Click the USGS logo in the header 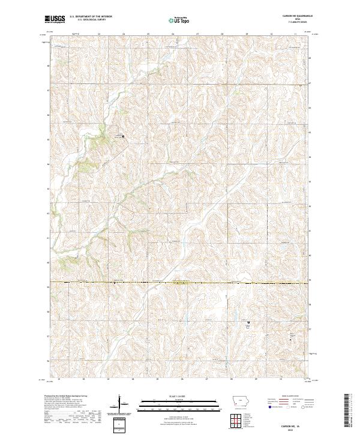point(55,19)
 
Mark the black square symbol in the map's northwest point(124,137)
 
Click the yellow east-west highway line point(180,282)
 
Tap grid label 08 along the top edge point(222,34)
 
